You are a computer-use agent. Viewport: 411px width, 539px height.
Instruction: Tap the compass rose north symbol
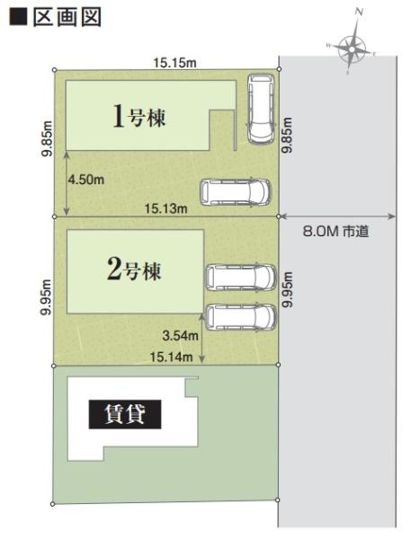point(352,48)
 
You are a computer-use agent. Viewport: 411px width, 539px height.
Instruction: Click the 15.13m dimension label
point(165,209)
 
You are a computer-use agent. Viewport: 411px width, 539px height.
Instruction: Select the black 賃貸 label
point(124,415)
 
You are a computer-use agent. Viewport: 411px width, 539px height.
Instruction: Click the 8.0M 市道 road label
point(337,231)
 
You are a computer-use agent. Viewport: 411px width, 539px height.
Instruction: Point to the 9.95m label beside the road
point(287,290)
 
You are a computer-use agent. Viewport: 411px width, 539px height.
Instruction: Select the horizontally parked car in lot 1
point(235,190)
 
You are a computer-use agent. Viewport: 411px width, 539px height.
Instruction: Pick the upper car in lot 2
point(240,277)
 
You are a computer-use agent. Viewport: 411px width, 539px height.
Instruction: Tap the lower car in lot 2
point(240,316)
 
